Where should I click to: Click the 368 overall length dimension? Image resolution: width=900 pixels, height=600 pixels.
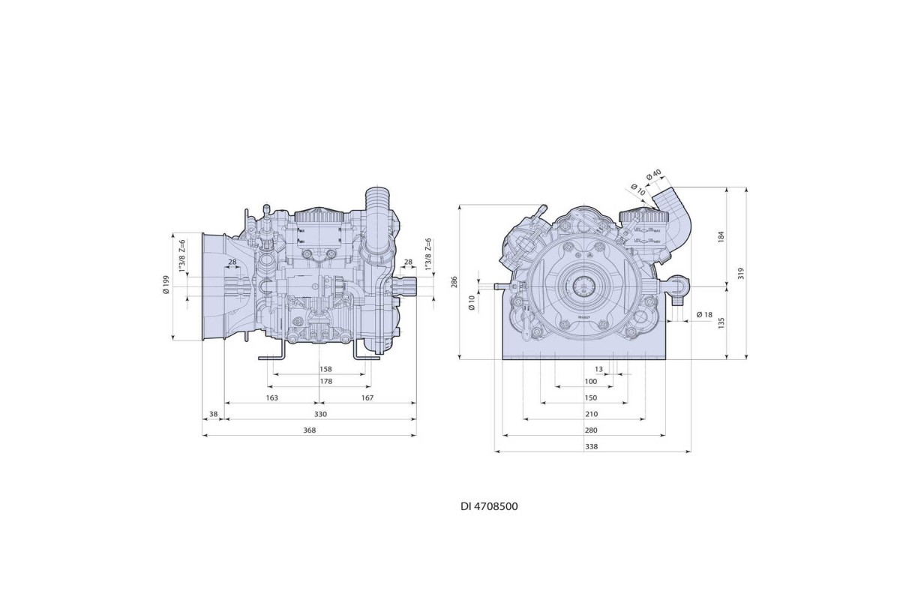[x=310, y=430]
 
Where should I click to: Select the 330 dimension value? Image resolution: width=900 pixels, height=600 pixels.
[x=320, y=414]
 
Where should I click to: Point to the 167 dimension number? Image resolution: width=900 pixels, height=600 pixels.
[x=367, y=397]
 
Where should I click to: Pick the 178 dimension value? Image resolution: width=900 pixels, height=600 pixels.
[x=325, y=382]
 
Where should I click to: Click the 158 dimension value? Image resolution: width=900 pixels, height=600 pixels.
[x=325, y=369]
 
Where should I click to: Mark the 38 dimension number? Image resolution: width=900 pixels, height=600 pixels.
[x=214, y=414]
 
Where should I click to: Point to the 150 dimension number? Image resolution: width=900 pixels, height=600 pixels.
[x=591, y=397]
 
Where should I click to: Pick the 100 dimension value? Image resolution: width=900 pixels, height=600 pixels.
[x=591, y=382]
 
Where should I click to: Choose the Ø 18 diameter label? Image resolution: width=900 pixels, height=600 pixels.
[x=703, y=314]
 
